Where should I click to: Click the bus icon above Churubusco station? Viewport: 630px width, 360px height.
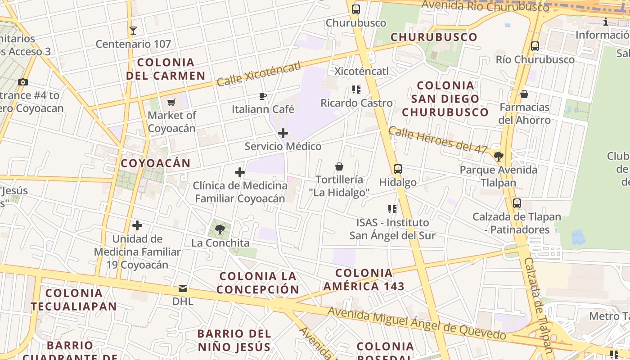click(x=356, y=9)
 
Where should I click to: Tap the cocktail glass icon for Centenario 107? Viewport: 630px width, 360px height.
click(x=133, y=31)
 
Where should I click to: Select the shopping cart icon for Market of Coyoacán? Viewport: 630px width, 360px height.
click(x=171, y=103)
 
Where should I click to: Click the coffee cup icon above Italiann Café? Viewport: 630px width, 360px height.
click(x=263, y=96)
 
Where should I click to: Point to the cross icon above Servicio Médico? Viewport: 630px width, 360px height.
click(x=283, y=133)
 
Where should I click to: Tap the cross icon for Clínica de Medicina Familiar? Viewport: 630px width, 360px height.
click(x=240, y=172)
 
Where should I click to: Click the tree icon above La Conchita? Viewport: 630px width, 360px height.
click(x=220, y=229)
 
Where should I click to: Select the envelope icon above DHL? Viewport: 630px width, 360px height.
click(x=183, y=288)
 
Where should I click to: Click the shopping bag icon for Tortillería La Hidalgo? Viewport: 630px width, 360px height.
click(x=339, y=166)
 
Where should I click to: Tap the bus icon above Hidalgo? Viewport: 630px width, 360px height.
click(x=398, y=169)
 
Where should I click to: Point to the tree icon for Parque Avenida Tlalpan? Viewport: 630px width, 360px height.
click(x=498, y=157)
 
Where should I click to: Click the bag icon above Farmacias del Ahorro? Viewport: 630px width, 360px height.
click(x=524, y=94)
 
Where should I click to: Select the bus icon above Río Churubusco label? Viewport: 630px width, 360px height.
click(x=535, y=46)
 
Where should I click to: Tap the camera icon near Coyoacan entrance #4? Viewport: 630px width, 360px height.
click(x=23, y=82)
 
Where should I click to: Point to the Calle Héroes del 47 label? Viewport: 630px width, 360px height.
click(x=438, y=140)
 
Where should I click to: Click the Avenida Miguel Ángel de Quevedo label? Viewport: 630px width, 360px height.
click(x=416, y=324)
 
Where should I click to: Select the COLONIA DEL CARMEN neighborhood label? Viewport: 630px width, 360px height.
click(x=166, y=69)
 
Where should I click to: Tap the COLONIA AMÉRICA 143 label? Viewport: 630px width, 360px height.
click(x=364, y=279)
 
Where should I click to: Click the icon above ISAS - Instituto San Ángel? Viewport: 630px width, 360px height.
click(x=392, y=209)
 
